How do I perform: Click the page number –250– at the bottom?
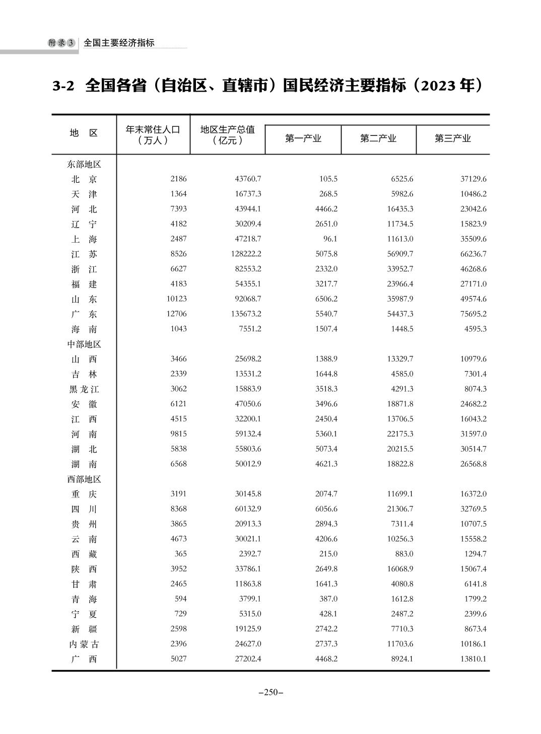tap(270, 692)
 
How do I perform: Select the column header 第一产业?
tap(303, 138)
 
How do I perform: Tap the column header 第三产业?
tap(452, 138)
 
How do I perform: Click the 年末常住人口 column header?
tap(153, 134)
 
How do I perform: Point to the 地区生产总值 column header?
tap(228, 134)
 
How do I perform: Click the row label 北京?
tap(84, 179)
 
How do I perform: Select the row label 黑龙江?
tap(84, 389)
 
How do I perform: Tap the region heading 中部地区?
tap(84, 344)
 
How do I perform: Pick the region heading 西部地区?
tap(84, 479)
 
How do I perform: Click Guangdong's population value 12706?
tap(176, 314)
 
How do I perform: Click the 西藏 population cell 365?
tap(180, 554)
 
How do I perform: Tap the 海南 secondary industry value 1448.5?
tap(401, 329)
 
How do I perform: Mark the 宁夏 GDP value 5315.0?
tap(250, 614)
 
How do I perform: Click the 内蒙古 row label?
tap(84, 644)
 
